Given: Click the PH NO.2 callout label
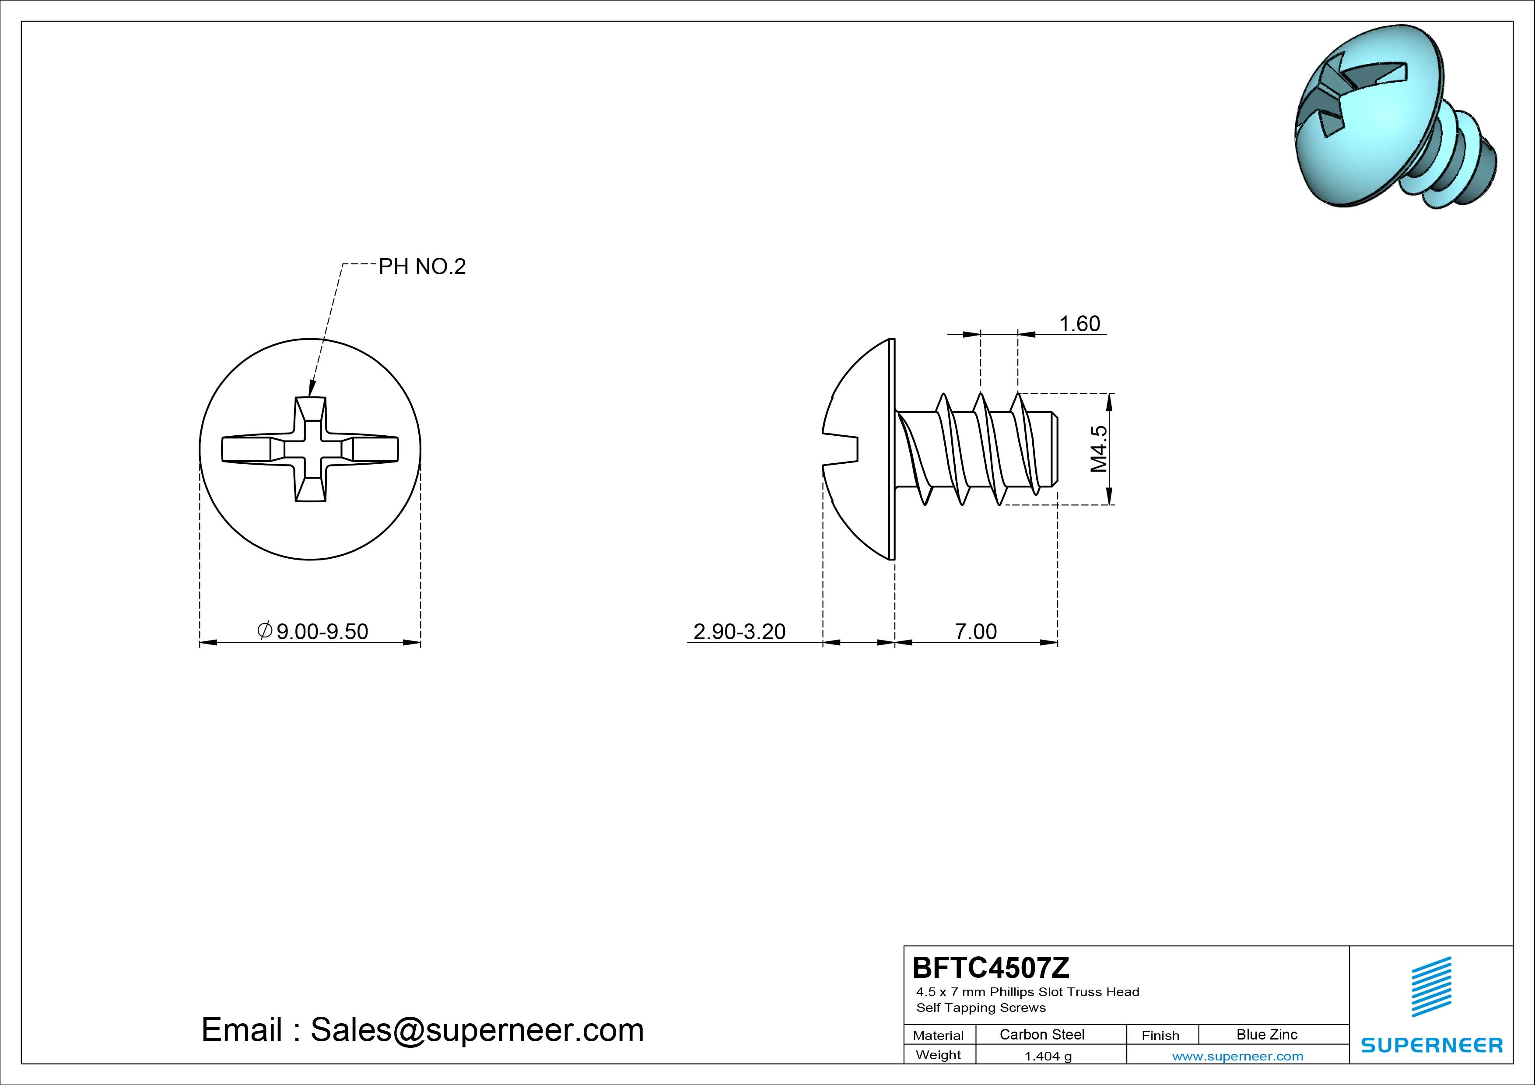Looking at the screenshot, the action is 422,267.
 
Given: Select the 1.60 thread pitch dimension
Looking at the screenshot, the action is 1079,324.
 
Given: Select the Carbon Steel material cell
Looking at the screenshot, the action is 1041,1034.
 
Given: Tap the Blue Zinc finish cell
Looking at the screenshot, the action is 1267,1034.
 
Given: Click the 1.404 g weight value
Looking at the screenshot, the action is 1048,1056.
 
